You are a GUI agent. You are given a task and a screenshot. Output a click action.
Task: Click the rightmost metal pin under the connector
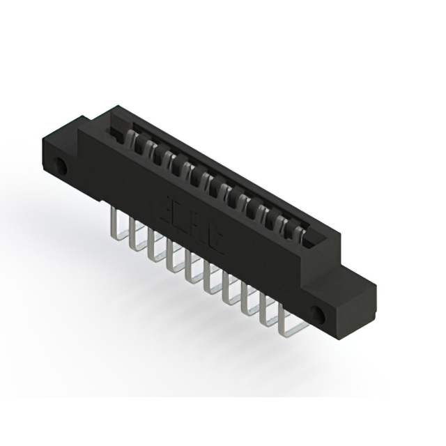[283, 321]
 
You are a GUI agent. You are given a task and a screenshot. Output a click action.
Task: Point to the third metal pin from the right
[246, 299]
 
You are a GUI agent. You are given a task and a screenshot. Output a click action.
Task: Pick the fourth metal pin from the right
[227, 289]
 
